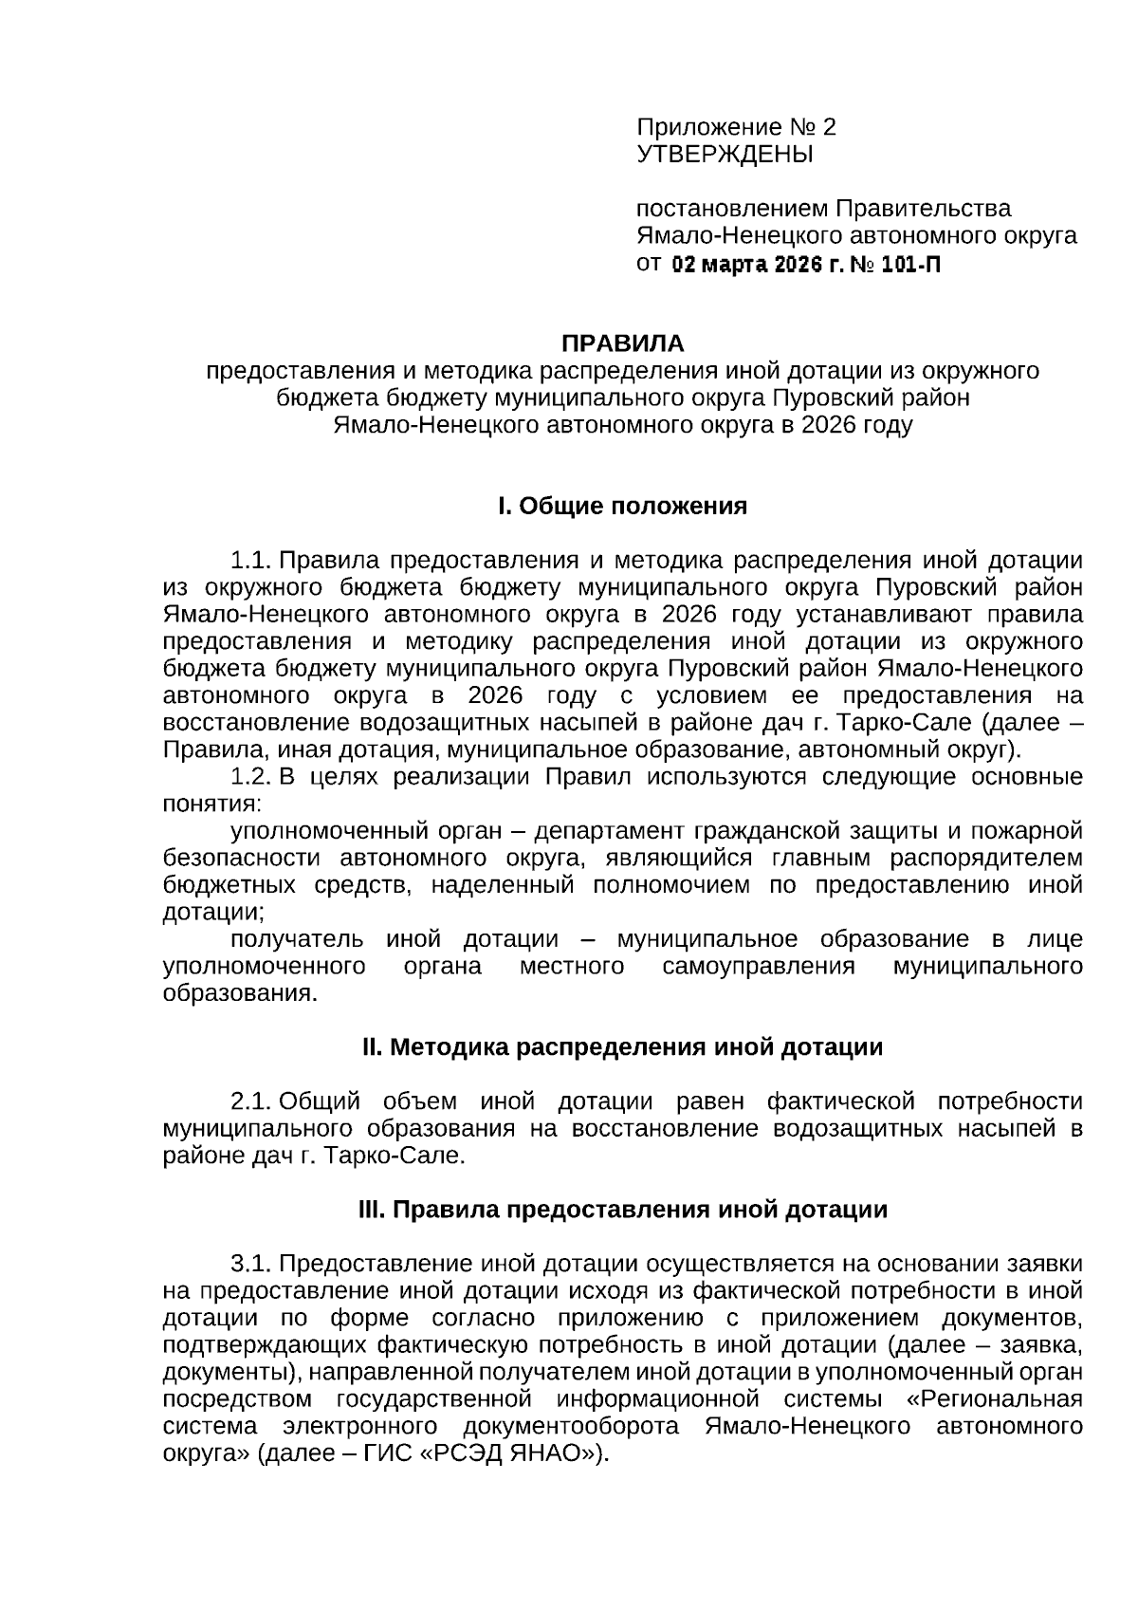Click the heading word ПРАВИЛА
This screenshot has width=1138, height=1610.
[x=623, y=342]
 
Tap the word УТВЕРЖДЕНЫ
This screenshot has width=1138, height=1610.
[x=725, y=154]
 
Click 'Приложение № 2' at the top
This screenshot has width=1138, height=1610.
[x=736, y=127]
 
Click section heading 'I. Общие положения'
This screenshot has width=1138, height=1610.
[x=623, y=506]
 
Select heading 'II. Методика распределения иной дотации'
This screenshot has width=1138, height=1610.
[x=623, y=1047]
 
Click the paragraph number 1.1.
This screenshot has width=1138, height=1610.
[x=251, y=560]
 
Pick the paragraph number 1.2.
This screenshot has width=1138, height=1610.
[x=251, y=777]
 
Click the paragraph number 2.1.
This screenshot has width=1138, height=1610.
[x=251, y=1101]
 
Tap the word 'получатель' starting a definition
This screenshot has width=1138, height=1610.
[x=297, y=939]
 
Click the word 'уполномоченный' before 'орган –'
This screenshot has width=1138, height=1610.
[x=325, y=831]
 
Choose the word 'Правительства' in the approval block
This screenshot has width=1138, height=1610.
[x=923, y=209]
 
